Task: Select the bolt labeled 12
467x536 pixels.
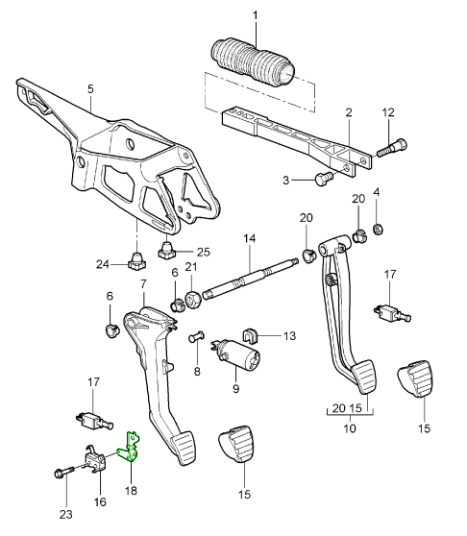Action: point(393,148)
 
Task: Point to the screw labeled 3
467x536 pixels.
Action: point(322,178)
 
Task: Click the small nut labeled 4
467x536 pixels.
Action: point(378,229)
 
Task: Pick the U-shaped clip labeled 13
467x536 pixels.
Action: point(250,336)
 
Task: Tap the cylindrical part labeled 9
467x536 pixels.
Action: point(237,355)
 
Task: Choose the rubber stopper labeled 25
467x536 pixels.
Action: point(167,250)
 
